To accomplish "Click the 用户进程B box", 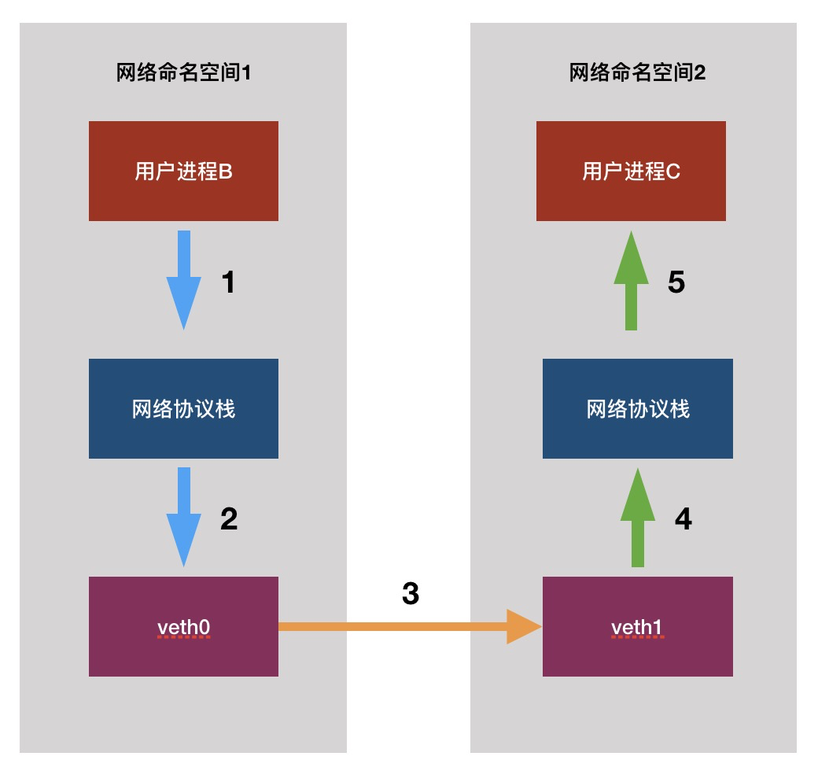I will pos(183,171).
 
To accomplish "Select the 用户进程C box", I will pos(631,171).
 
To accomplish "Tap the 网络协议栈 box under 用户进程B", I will pos(183,408).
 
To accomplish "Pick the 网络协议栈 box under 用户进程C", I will pos(637,408).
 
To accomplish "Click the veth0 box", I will pos(183,626).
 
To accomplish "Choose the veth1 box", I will pos(637,626).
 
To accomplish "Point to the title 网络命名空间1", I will pos(183,73).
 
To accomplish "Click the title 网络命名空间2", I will pos(637,73).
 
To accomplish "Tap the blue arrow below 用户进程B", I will pos(183,279).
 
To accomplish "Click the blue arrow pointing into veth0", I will pos(183,516).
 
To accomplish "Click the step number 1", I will pos(228,282).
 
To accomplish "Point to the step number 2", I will pos(228,519).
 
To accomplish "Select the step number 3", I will pos(410,594).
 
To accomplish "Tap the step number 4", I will pos(683,519).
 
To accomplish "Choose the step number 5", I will pos(676,282).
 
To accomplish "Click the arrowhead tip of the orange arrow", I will pos(539,626).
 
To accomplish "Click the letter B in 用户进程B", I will pos(225,171).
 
